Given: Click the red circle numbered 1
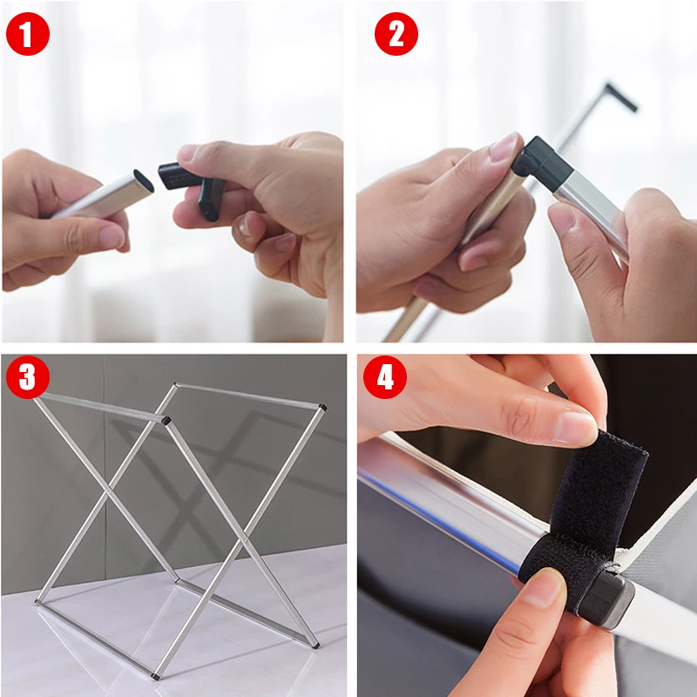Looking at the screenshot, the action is [28, 34].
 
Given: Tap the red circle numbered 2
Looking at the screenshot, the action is [396, 34].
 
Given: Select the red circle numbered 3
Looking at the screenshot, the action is [28, 377].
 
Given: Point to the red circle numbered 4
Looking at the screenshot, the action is [385, 377].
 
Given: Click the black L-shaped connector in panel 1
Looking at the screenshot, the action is [191, 185].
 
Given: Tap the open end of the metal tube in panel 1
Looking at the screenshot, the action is [144, 180].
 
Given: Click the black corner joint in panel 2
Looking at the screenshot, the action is [542, 164].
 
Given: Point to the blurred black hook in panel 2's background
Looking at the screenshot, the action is [620, 96].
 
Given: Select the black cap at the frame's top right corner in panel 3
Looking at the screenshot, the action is [323, 407].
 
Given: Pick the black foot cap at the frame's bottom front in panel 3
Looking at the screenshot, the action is [155, 677].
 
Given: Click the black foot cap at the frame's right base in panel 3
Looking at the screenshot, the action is [316, 644].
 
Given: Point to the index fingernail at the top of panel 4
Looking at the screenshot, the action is [576, 428].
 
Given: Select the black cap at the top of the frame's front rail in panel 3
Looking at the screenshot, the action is [167, 419].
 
